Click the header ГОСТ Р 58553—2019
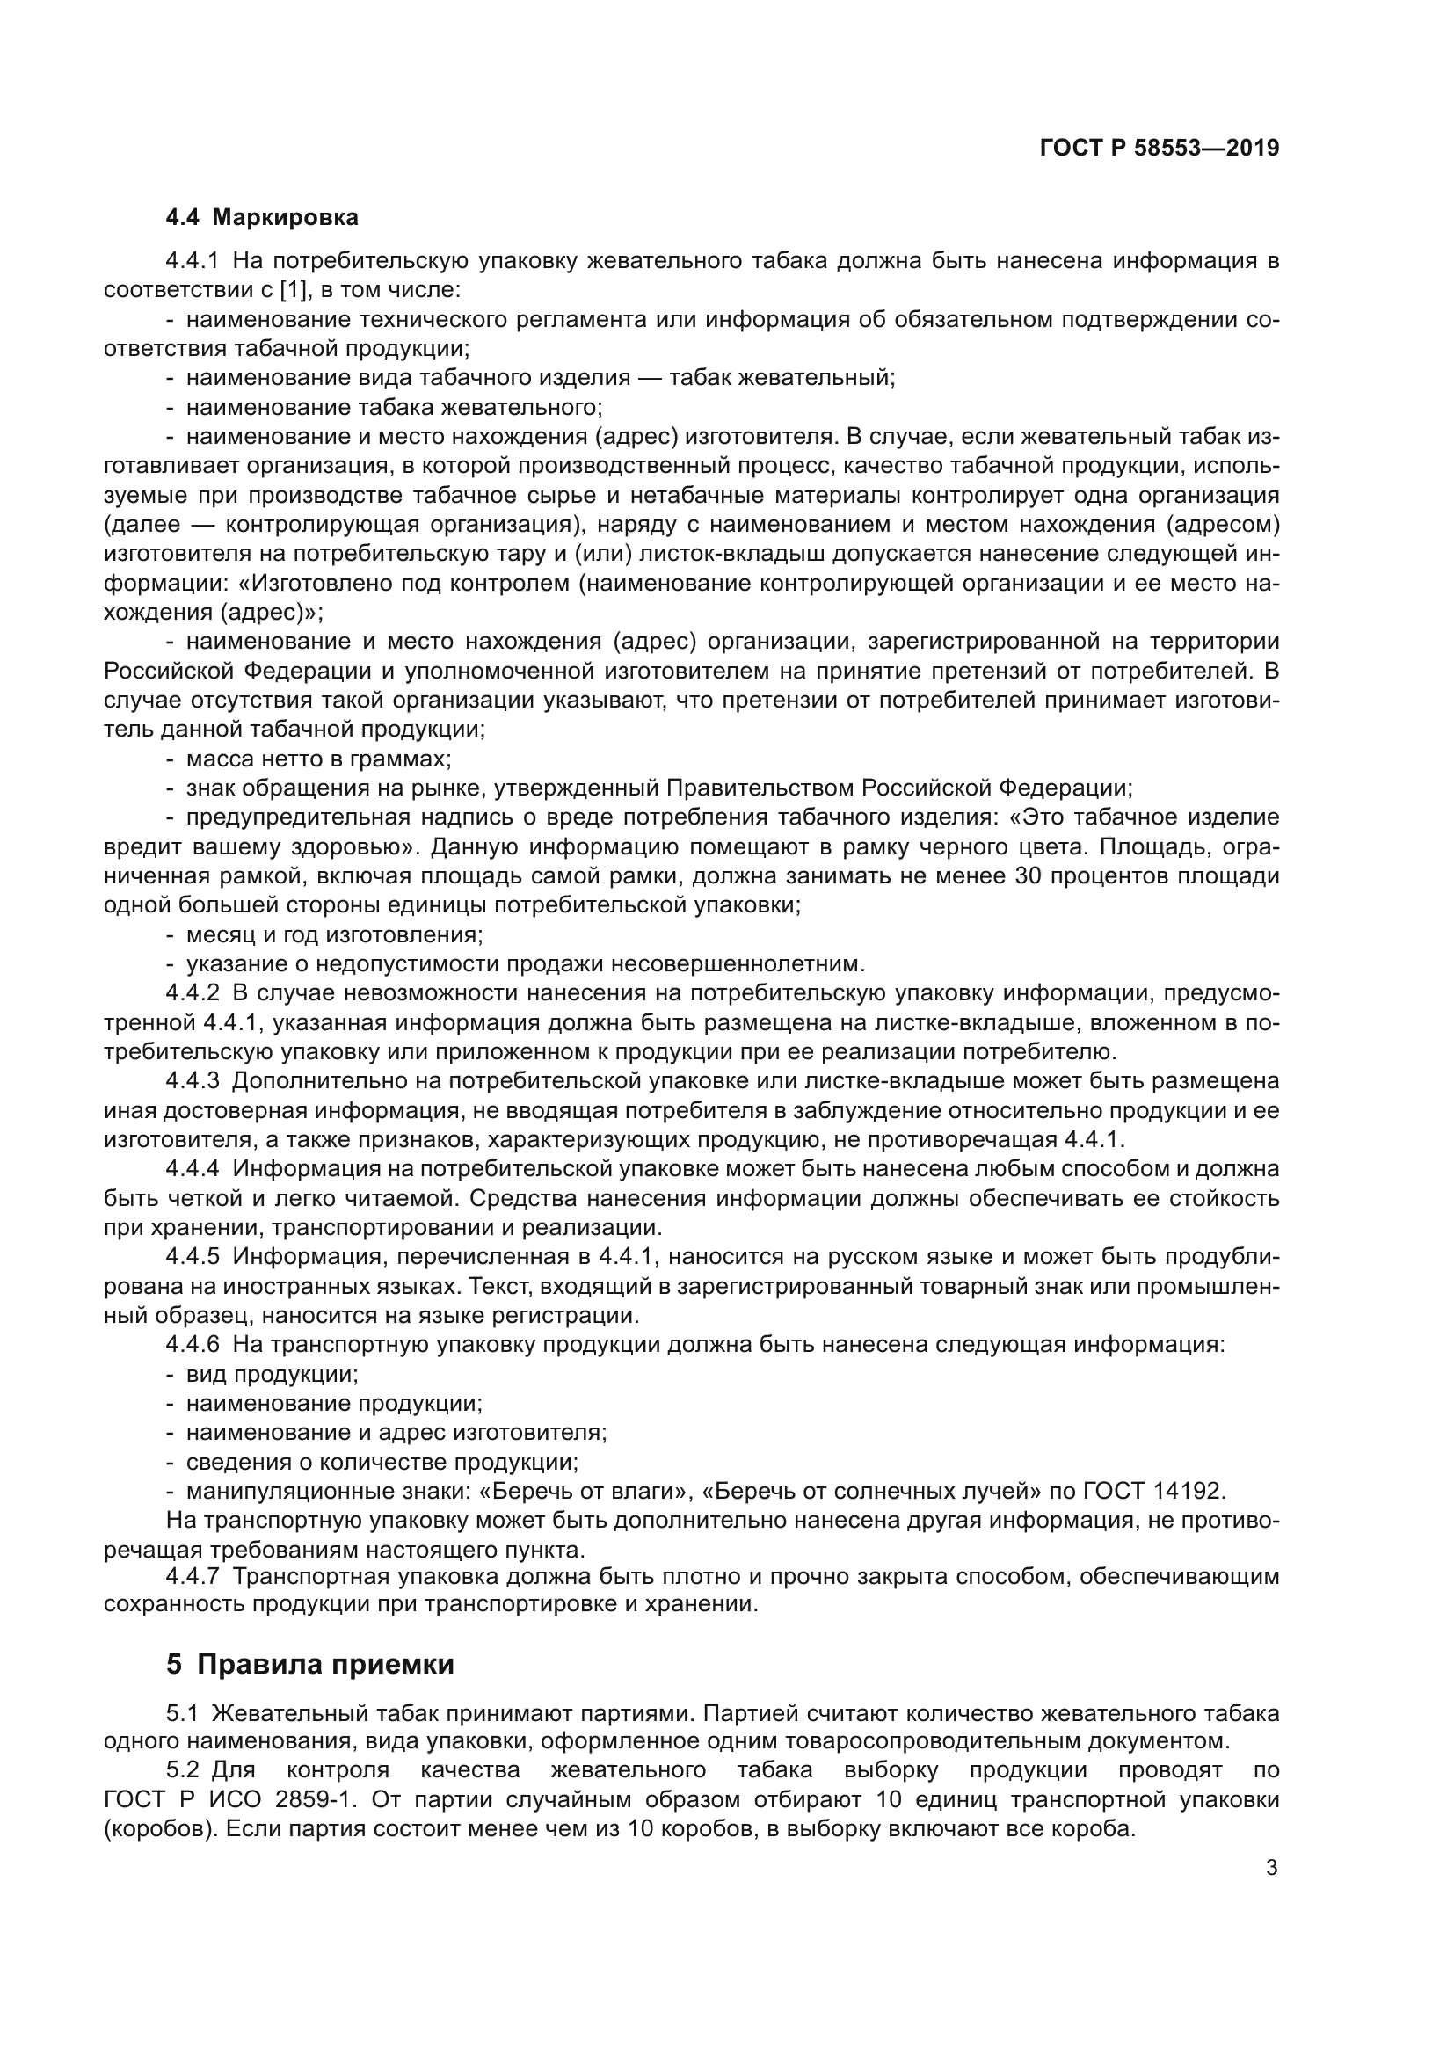(1160, 149)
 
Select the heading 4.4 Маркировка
(261, 217)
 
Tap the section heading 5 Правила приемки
(309, 1664)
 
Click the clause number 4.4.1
(193, 261)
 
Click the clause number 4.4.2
(193, 993)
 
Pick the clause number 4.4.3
(193, 1081)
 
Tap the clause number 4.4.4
(193, 1168)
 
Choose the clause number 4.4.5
(193, 1256)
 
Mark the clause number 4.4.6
(193, 1344)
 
